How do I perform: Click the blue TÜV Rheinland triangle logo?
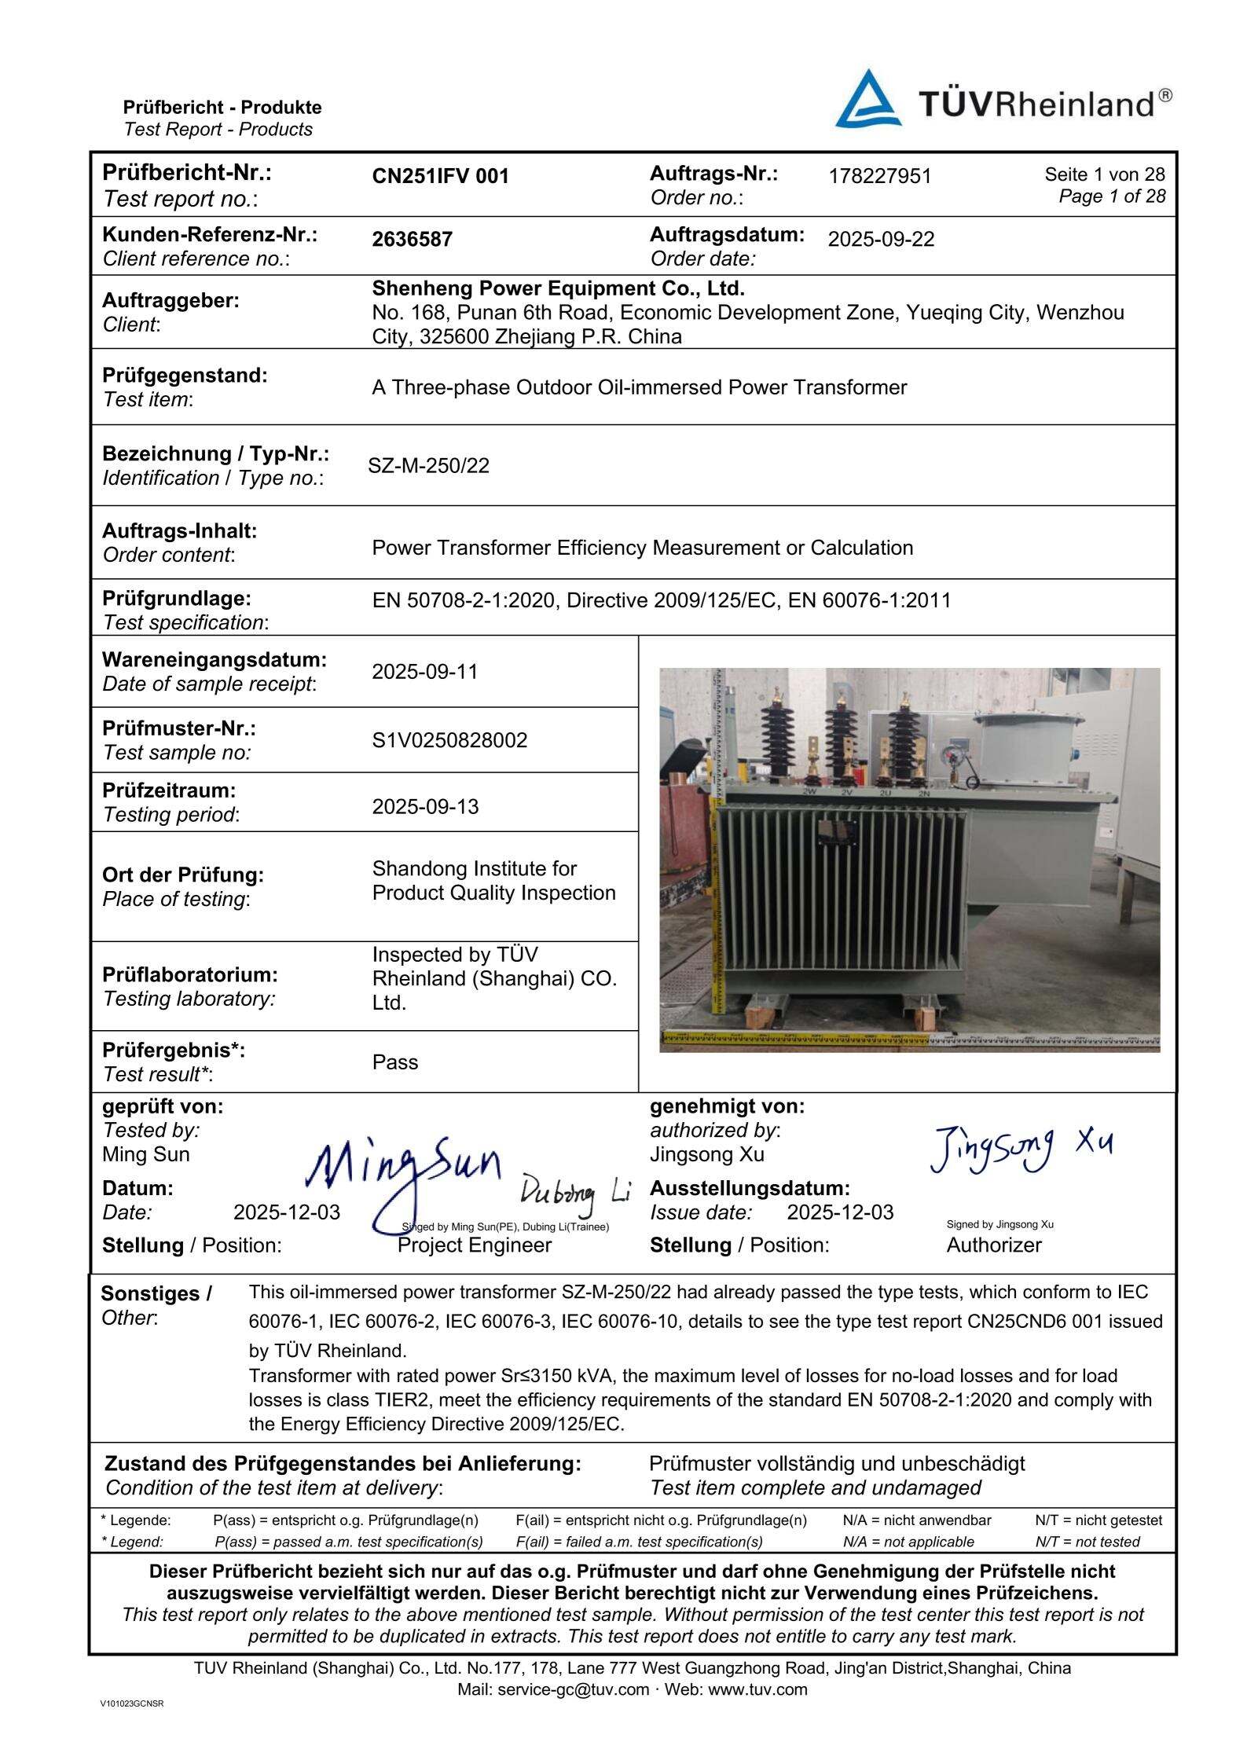(867, 101)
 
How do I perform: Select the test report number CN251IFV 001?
(440, 177)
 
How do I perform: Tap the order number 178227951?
(879, 177)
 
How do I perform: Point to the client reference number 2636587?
(412, 240)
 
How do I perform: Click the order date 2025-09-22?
(881, 240)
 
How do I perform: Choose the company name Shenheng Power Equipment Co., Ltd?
(558, 288)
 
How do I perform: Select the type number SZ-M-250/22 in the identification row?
(428, 466)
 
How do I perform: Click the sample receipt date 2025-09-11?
(424, 672)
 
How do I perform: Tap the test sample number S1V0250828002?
(449, 740)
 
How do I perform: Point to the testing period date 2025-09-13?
(424, 807)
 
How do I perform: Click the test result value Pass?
(394, 1062)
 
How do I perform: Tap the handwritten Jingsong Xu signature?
(1020, 1149)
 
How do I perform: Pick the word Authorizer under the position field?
(993, 1245)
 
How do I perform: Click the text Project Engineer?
(474, 1245)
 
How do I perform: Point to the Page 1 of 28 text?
(1111, 196)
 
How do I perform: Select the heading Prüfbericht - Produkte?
(222, 108)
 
